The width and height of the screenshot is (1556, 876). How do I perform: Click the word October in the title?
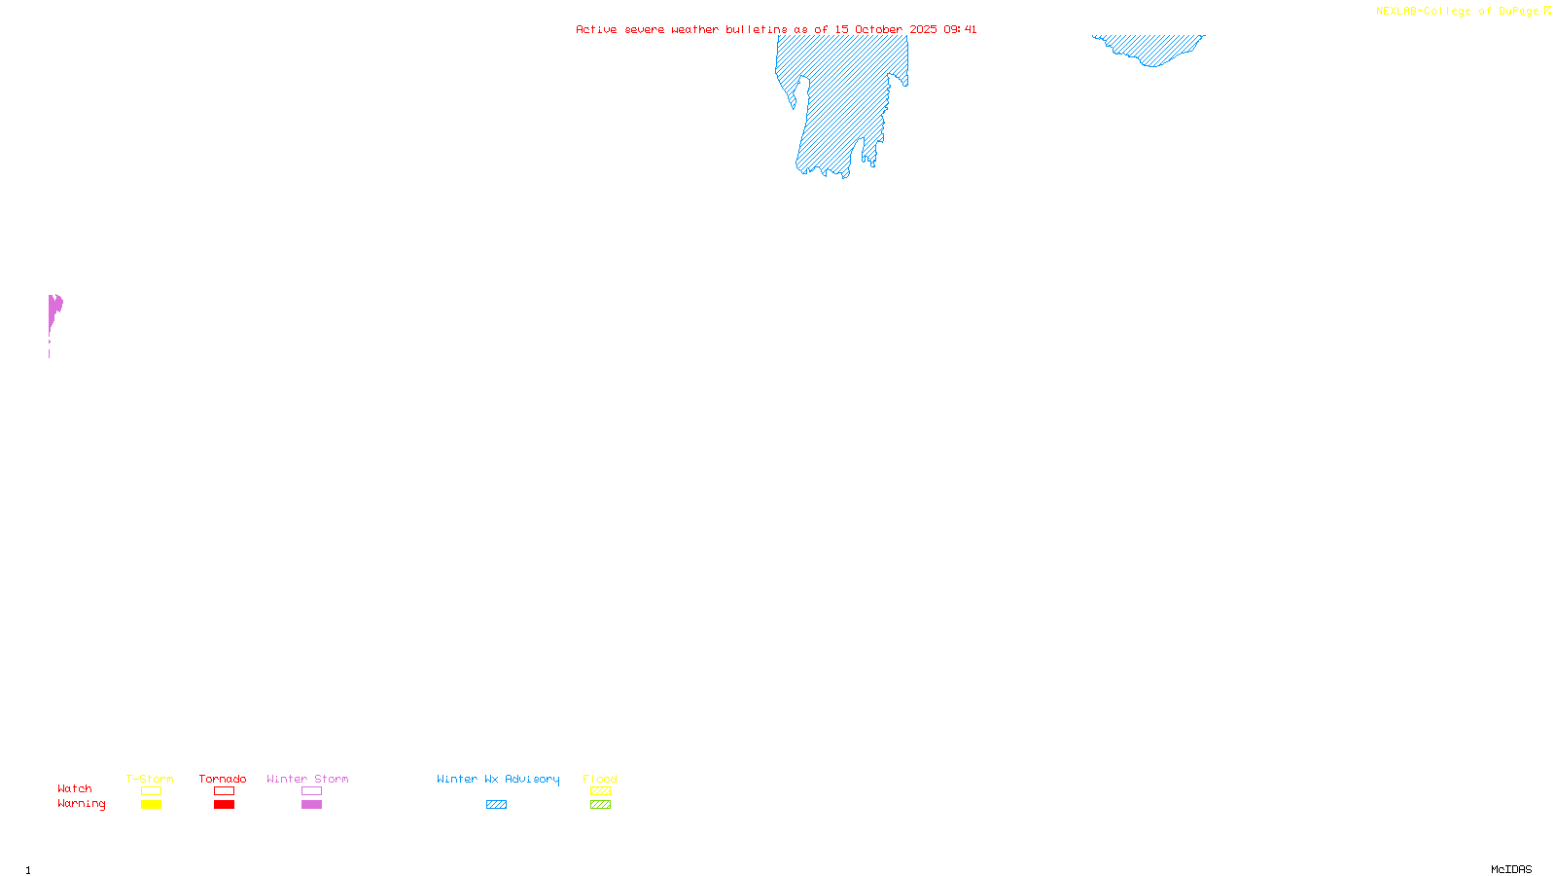coord(878,29)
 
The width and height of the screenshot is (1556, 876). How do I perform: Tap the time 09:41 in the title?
coord(960,29)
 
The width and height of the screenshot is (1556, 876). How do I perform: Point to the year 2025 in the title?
coord(924,29)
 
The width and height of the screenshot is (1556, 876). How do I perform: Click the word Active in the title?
coord(596,29)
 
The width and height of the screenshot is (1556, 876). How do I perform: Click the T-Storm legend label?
coord(150,779)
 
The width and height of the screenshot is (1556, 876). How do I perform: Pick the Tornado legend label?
coord(223,779)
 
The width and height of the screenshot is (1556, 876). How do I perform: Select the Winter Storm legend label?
coord(307,779)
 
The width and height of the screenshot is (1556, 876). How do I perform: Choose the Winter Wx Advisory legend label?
coord(498,779)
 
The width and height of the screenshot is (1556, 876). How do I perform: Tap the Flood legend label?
coord(600,779)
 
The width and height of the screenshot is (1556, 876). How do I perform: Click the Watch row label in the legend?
coord(75,788)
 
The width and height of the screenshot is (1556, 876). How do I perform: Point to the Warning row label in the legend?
coord(82,804)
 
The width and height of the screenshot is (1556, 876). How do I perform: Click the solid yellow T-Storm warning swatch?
coord(151,805)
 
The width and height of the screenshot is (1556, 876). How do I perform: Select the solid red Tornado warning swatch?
coord(225,805)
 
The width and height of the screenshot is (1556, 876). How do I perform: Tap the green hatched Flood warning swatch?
coord(601,805)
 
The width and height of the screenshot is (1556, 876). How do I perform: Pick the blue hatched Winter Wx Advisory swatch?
coord(497,805)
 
